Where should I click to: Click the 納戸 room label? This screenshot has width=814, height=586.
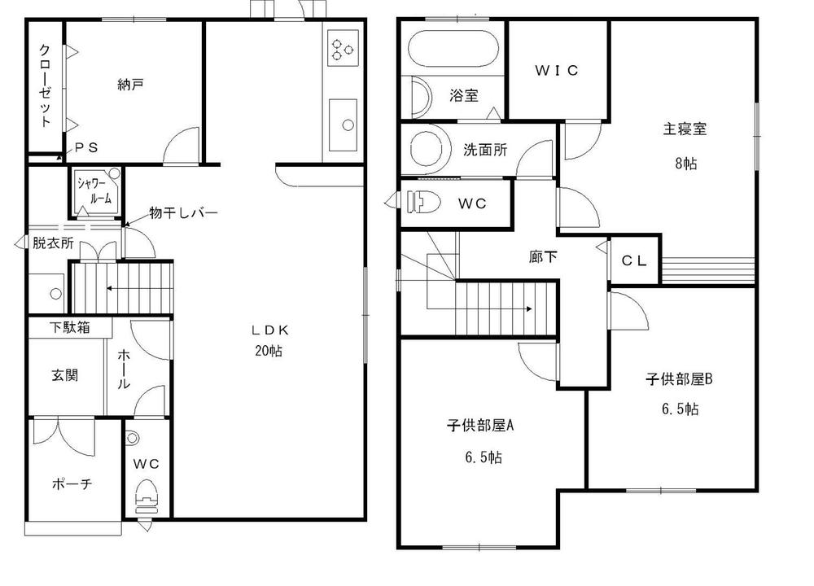[x=131, y=83]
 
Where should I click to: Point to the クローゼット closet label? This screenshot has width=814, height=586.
[x=46, y=85]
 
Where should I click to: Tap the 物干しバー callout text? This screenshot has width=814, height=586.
[x=183, y=213]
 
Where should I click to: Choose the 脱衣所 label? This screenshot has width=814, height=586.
[x=53, y=243]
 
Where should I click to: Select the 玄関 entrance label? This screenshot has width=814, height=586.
[x=65, y=376]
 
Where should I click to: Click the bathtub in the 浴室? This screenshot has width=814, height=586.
[x=450, y=50]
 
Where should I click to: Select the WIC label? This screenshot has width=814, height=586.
[x=557, y=71]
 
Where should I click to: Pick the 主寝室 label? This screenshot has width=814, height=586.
[x=684, y=128]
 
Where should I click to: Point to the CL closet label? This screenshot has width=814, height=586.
[x=634, y=260]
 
